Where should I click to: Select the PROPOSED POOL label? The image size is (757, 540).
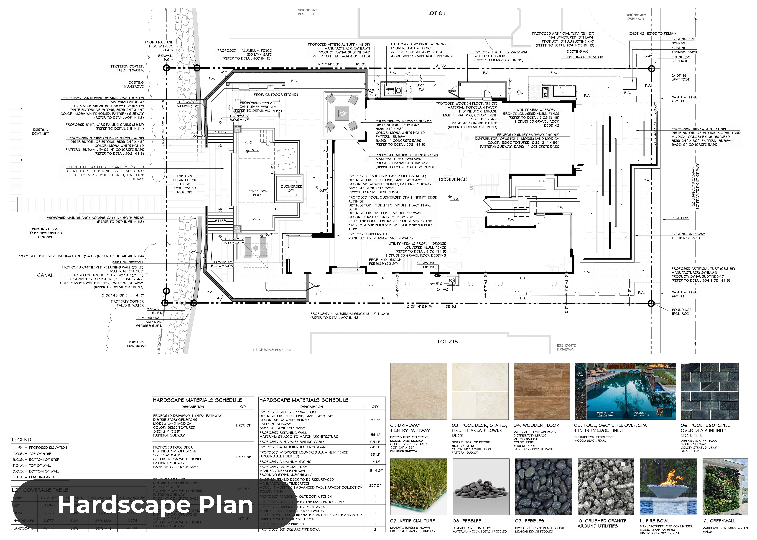pyautogui.click(x=258, y=193)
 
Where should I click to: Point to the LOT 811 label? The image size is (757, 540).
pyautogui.click(x=436, y=13)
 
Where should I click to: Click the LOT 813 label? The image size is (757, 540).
pyautogui.click(x=447, y=341)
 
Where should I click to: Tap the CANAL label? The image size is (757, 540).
pyautogui.click(x=45, y=275)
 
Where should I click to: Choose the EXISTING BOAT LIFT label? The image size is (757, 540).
pyautogui.click(x=40, y=132)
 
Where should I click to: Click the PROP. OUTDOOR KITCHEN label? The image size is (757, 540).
pyautogui.click(x=276, y=95)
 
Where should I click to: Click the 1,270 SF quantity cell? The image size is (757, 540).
pyautogui.click(x=243, y=425)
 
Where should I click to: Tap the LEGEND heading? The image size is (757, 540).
pyautogui.click(x=22, y=440)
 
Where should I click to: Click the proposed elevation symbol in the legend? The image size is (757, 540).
pyautogui.click(x=20, y=448)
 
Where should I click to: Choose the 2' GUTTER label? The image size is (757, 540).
pyautogui.click(x=680, y=218)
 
